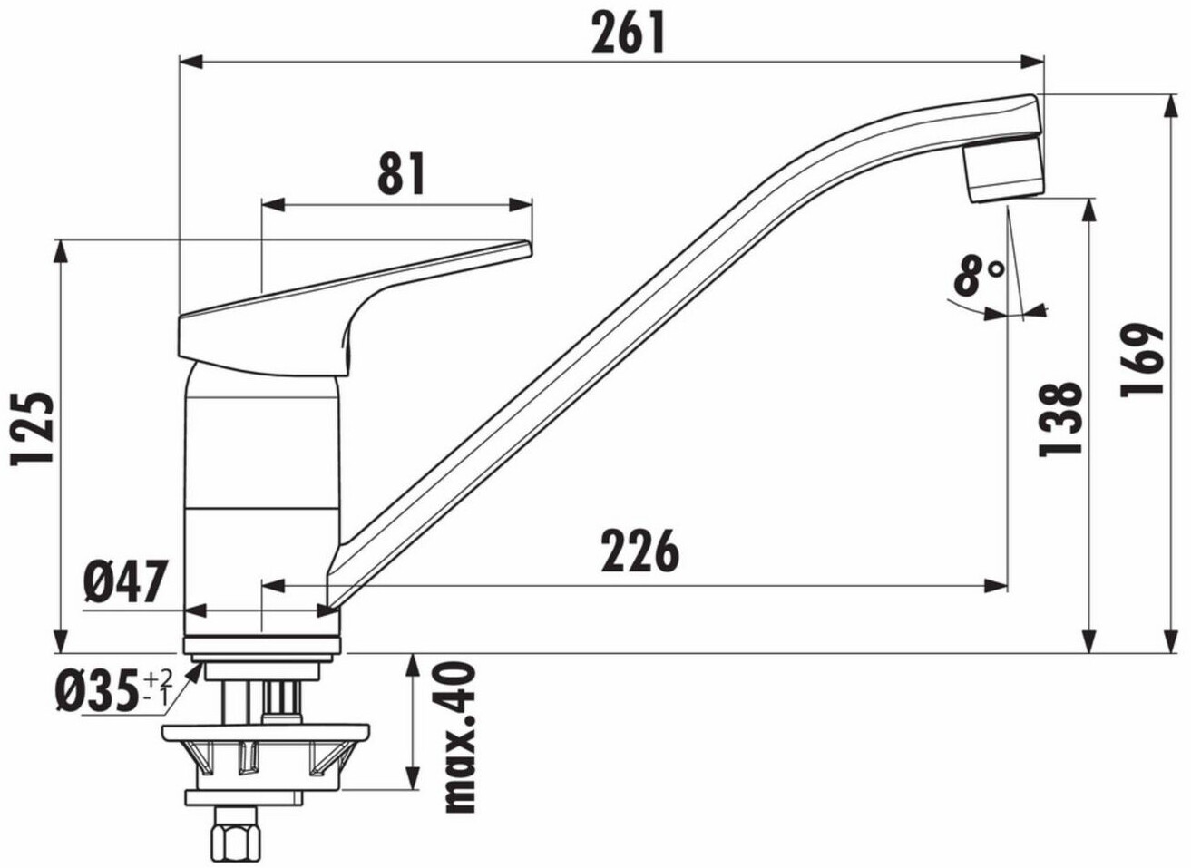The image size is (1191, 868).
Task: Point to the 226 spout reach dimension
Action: point(639,551)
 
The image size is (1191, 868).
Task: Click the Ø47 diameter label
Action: point(127,581)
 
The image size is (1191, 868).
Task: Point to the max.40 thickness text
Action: point(461,736)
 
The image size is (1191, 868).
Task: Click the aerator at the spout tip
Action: point(1002,171)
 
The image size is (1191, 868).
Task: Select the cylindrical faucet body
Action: point(261,490)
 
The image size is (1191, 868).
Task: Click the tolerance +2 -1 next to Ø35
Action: point(158,687)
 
